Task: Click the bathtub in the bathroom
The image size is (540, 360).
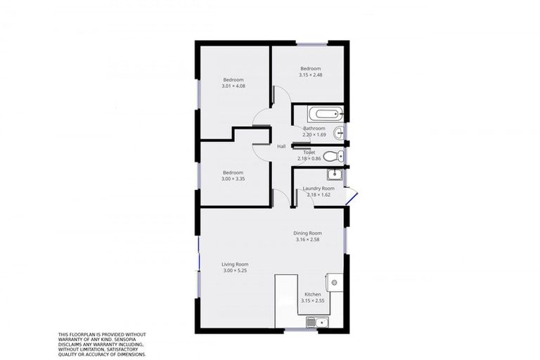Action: click(x=324, y=113)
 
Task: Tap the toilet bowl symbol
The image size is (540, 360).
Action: click(x=338, y=156)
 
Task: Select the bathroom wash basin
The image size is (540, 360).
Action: click(x=340, y=131)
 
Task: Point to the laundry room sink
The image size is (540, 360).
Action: click(x=335, y=174)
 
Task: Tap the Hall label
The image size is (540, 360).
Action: click(x=281, y=146)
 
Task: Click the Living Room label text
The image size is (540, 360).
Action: click(x=236, y=264)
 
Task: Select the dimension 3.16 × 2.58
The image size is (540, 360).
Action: click(x=308, y=240)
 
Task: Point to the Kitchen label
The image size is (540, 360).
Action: click(x=312, y=295)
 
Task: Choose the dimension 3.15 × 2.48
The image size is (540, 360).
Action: click(x=310, y=75)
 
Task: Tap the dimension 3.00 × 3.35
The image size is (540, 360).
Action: click(x=233, y=179)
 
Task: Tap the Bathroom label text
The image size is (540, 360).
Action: click(x=314, y=129)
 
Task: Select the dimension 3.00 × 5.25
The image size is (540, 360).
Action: click(x=236, y=271)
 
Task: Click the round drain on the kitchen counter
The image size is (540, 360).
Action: click(x=335, y=283)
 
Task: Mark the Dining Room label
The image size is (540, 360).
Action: click(x=308, y=233)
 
